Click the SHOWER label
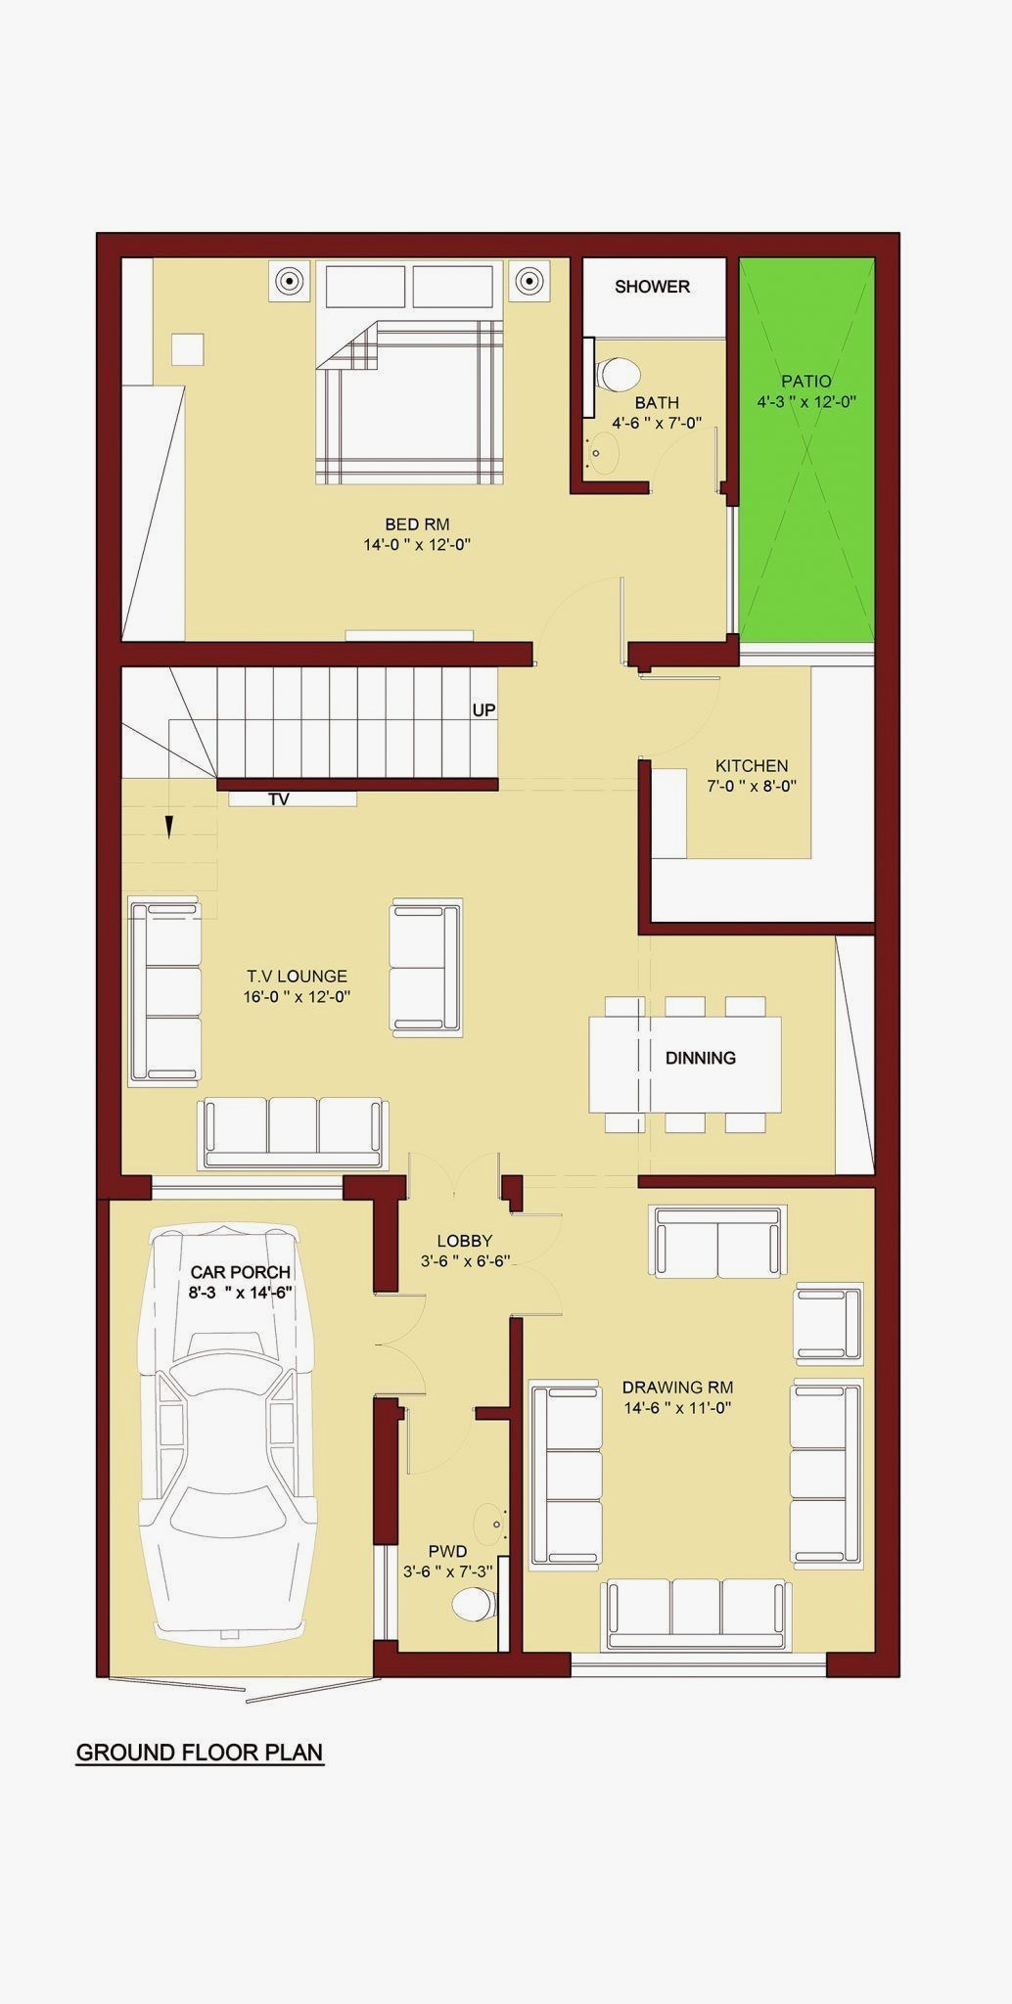click(x=652, y=287)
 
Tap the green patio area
click(x=806, y=450)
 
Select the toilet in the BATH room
click(x=618, y=373)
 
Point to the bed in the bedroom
click(x=410, y=372)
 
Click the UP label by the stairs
click(x=483, y=710)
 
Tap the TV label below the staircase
click(x=279, y=799)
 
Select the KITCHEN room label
click(x=752, y=766)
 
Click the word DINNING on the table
click(x=701, y=1058)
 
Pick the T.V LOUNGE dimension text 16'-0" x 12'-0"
click(x=297, y=997)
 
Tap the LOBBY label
click(x=465, y=1242)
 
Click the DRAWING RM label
click(x=677, y=1388)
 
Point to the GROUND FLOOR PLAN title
click(x=200, y=1753)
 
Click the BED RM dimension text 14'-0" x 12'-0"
click(x=418, y=545)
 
